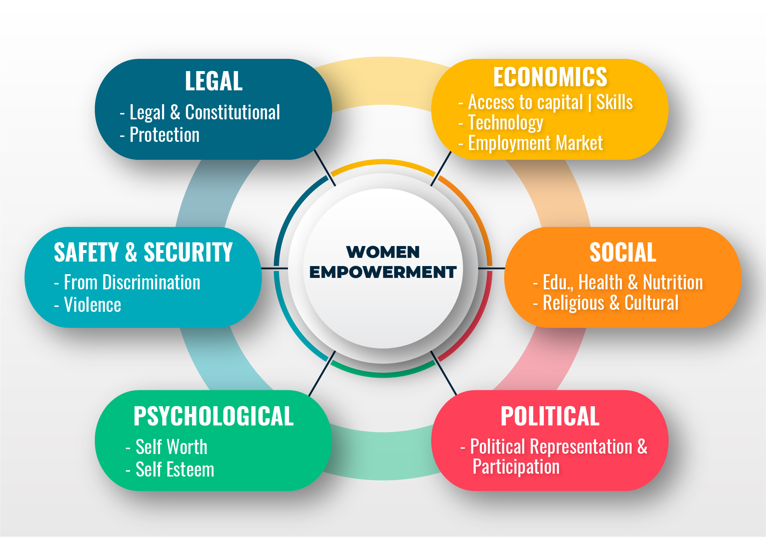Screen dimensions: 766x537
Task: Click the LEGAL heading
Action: (x=214, y=81)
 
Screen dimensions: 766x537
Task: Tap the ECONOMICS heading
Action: (x=550, y=77)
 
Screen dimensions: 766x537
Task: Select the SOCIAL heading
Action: (x=623, y=252)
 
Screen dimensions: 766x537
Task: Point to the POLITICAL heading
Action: (x=550, y=416)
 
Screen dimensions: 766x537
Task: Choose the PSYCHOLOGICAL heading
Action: (x=214, y=416)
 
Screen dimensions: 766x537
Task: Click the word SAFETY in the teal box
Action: (x=86, y=252)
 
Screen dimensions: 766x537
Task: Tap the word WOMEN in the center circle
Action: (x=383, y=252)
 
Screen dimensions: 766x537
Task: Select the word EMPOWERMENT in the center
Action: (x=383, y=272)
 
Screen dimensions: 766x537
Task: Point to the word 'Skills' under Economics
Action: (x=615, y=102)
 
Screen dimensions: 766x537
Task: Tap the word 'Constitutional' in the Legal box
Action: (x=232, y=112)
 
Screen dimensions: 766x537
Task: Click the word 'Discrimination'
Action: (x=151, y=282)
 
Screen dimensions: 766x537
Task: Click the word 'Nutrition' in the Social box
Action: (x=673, y=282)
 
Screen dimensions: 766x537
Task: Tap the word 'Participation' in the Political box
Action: (x=516, y=467)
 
